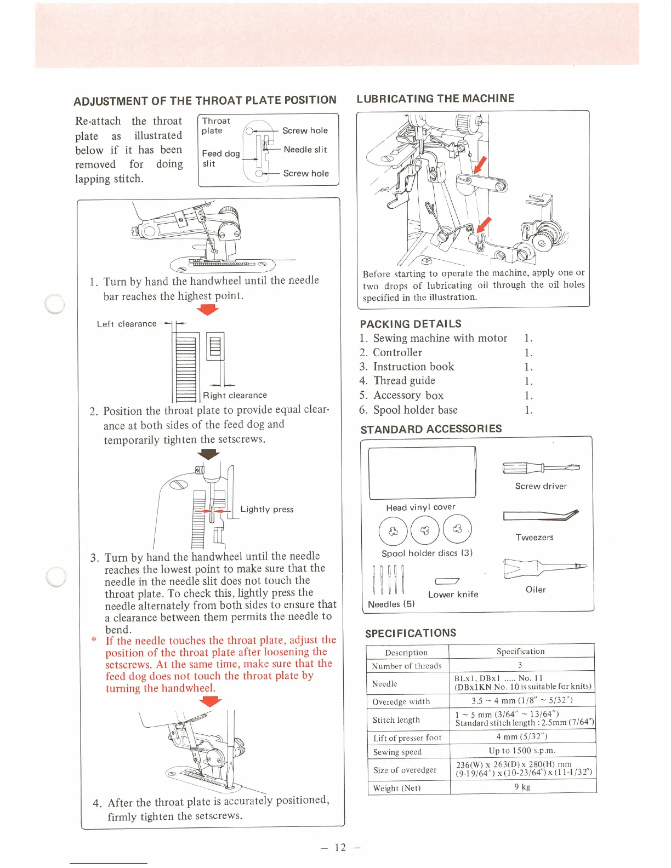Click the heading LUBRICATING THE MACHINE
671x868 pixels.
point(435,99)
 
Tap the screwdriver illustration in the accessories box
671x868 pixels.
point(541,468)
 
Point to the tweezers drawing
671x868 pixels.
point(541,516)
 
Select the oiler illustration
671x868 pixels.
point(544,569)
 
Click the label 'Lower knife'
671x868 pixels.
point(453,595)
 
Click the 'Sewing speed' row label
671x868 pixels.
point(397,752)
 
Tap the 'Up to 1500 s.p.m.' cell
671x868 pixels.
point(522,751)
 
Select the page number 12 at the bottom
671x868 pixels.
point(340,847)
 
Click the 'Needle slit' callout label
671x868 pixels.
point(305,150)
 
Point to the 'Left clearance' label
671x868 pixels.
point(127,324)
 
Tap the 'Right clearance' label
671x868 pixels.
point(235,396)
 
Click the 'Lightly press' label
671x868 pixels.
point(266,509)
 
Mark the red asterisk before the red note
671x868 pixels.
point(94,640)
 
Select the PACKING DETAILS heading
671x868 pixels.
point(411,324)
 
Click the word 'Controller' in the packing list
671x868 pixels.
point(397,353)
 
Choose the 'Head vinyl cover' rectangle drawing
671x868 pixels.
point(422,473)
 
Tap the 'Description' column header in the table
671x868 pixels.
point(406,653)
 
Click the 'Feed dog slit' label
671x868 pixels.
point(220,158)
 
